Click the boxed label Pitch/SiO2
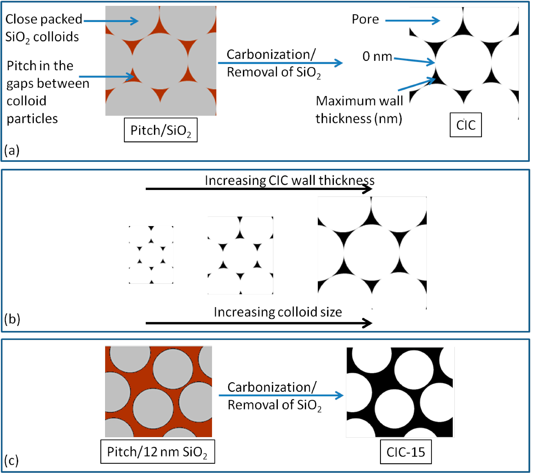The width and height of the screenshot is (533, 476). tap(160, 130)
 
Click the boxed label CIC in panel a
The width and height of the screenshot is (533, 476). tap(466, 125)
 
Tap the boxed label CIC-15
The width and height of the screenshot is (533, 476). tap(406, 452)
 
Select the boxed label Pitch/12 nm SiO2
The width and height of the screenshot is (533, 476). tap(158, 451)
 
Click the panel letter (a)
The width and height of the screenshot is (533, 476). tap(12, 151)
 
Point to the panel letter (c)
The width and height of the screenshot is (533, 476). tap(12, 460)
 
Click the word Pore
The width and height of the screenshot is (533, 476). tap(365, 19)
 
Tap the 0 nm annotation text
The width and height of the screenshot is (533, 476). tap(377, 57)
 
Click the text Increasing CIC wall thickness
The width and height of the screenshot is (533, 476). tap(289, 180)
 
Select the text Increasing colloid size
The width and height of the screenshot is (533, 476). tap(278, 312)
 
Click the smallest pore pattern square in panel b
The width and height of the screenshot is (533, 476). tap(151, 255)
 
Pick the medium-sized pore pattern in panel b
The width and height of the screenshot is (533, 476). tap(240, 255)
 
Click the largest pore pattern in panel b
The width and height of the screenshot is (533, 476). tap(372, 253)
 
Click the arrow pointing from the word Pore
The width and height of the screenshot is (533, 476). tap(412, 20)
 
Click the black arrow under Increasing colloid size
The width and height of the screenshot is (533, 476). tap(258, 323)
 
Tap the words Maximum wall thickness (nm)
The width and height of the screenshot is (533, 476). tap(359, 110)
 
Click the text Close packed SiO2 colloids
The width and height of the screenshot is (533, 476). tap(43, 28)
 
